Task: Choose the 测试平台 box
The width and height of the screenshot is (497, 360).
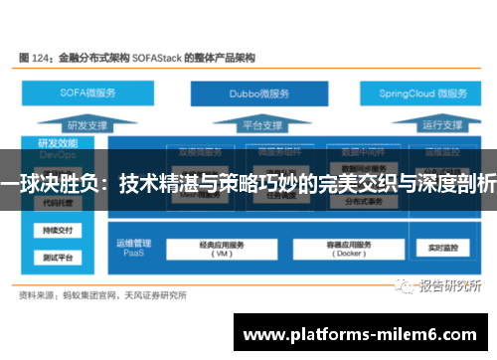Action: click(x=56, y=258)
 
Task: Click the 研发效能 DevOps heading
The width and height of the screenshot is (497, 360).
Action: click(x=56, y=147)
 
